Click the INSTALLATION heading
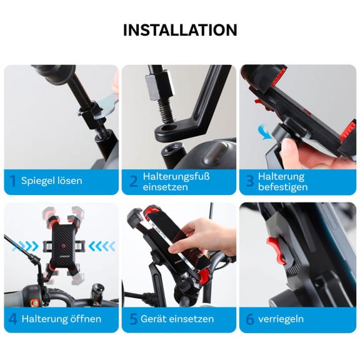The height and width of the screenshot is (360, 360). point(180,29)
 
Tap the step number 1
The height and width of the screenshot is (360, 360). point(12,181)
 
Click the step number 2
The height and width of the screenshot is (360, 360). point(132,181)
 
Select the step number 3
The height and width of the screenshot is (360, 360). point(249,181)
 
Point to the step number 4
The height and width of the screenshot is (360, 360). point(12,319)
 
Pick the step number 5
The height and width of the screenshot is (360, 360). point(132,319)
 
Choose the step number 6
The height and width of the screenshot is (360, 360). point(249,319)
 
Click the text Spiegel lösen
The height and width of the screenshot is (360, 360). point(51,181)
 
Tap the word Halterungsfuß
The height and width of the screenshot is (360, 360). point(176,176)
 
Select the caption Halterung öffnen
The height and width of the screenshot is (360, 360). point(61,319)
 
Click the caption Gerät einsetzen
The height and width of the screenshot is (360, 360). point(178,319)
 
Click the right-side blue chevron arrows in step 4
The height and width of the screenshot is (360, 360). point(102,246)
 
